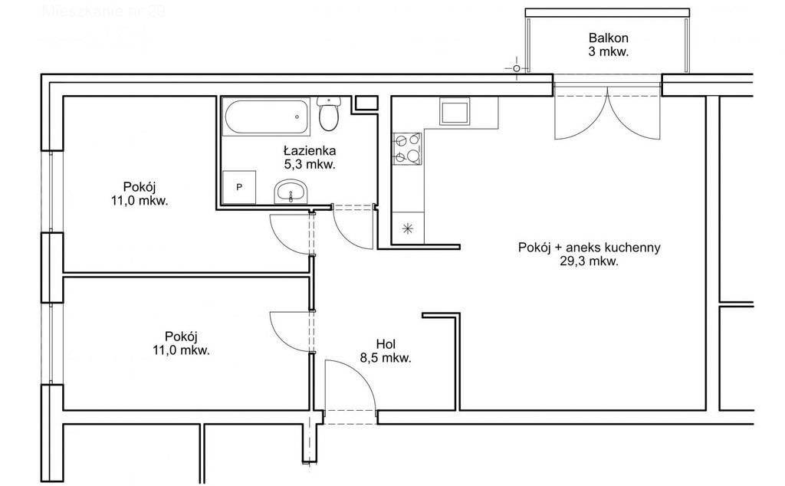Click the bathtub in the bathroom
click(x=268, y=117)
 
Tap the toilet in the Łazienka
click(x=329, y=115)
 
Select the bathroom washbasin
click(x=291, y=192)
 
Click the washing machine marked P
click(x=238, y=187)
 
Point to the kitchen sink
click(x=454, y=112)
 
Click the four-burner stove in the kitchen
click(x=406, y=149)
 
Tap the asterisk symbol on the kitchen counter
click(x=407, y=228)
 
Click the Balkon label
click(x=609, y=38)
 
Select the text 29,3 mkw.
click(x=590, y=261)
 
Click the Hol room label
click(x=386, y=344)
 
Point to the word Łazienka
click(x=309, y=150)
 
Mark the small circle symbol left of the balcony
click(x=516, y=69)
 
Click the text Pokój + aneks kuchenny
click(x=590, y=248)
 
